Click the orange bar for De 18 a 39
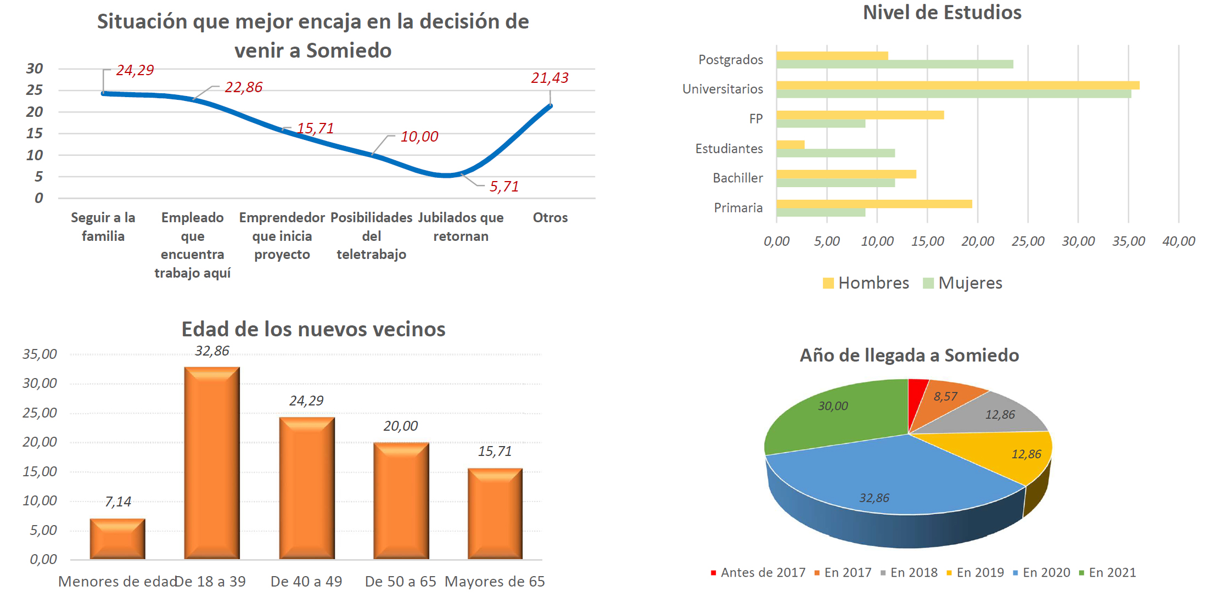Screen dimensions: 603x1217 tap(212, 464)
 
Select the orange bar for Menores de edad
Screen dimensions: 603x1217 tap(117, 539)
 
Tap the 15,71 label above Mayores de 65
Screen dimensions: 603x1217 tap(495, 452)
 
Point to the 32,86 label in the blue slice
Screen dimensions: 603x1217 tap(874, 498)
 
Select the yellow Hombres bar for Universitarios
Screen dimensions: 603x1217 tap(957, 86)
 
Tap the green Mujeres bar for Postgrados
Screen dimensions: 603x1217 tap(894, 65)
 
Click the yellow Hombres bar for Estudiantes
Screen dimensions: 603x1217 tap(790, 145)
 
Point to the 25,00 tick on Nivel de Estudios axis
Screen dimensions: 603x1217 tap(1028, 241)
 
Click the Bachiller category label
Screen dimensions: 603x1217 tap(737, 178)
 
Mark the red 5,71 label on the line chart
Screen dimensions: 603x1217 tap(504, 187)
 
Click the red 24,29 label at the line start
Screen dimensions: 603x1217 tap(134, 70)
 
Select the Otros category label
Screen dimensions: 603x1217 tap(550, 218)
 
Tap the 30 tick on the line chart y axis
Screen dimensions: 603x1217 tap(34, 69)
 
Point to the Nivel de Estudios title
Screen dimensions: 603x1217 tap(942, 13)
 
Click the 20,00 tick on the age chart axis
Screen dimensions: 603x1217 tap(40, 442)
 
